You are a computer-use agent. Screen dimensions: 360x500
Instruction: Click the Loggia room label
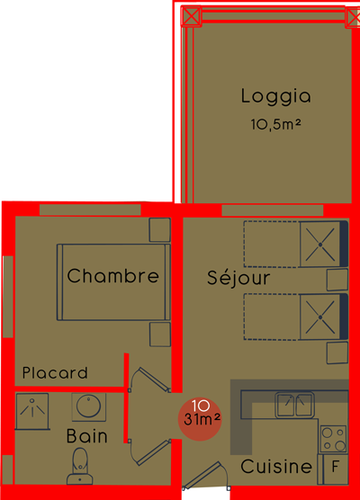pos(275,96)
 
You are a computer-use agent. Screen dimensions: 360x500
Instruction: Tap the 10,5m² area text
pos(275,124)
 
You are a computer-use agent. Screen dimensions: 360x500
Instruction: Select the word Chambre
pos(113,275)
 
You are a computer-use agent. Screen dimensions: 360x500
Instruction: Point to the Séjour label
pos(238,278)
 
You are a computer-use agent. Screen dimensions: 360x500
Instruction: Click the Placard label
pos(55,372)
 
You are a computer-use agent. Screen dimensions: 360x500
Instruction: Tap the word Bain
pos(86,436)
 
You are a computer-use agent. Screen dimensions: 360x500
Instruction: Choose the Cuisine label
pos(276,467)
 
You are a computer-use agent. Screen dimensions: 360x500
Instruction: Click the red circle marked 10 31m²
pos(200,419)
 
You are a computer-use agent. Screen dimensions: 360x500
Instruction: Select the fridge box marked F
pos(335,469)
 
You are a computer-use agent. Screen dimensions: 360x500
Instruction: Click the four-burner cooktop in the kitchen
pos(334,439)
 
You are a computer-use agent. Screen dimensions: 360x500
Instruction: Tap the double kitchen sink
pos(295,405)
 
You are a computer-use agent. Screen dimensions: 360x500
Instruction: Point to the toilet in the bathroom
pos(80,466)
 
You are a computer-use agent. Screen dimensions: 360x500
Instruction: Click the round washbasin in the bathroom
pos(89,406)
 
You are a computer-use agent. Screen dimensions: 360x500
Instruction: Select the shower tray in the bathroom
pos(31,411)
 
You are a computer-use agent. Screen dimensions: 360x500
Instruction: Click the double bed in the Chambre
pos(113,282)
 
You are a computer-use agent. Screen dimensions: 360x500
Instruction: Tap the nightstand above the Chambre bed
pos(160,229)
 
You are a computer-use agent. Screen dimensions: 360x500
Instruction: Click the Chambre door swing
pos(150,379)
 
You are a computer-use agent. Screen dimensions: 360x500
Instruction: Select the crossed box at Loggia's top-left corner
pos(191,15)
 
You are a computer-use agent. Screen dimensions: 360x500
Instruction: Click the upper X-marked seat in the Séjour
pos(320,245)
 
